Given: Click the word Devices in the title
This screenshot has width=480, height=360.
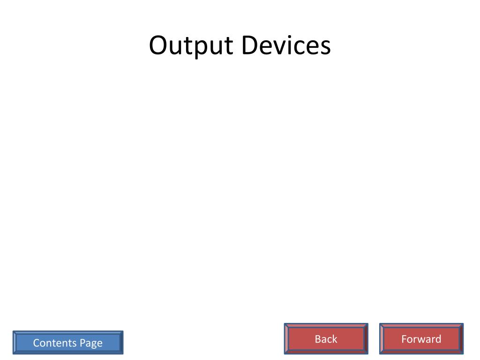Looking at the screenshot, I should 286,46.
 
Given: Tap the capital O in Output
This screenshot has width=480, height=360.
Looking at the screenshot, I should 159,46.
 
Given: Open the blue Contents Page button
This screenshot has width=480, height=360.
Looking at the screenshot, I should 68,343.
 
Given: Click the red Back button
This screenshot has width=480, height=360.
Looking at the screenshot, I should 326,339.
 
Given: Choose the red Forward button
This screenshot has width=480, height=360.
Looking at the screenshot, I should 421,339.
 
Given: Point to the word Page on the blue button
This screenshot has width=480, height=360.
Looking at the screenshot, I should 90,344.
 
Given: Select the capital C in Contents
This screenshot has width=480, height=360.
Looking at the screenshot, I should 36,343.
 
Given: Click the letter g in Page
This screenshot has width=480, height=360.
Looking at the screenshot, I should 93,345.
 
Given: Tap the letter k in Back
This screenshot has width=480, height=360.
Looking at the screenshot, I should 334,339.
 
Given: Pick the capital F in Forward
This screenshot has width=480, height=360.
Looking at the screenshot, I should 404,339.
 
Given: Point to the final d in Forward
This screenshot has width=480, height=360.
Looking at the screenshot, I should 438,339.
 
